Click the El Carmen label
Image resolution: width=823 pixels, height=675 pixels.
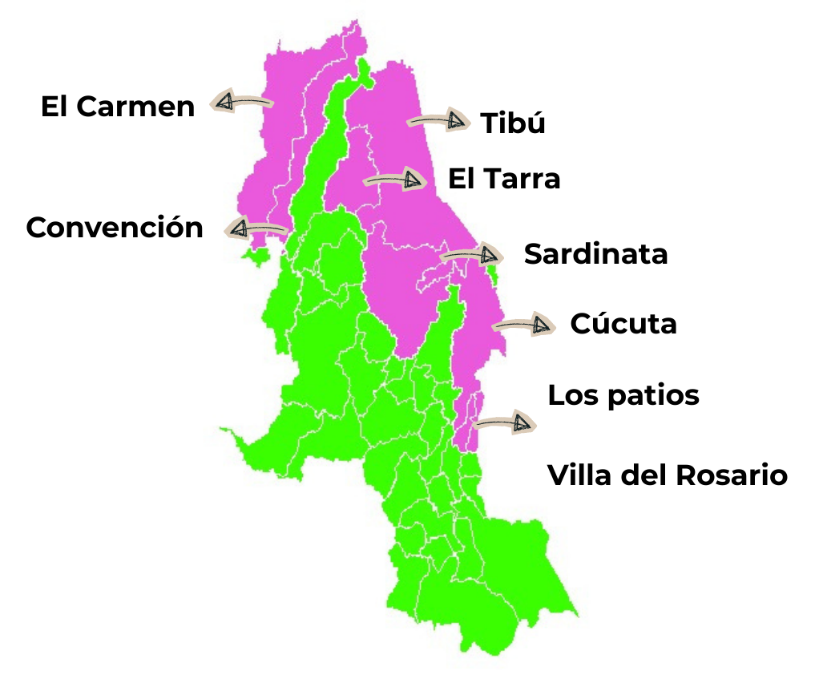point(118,107)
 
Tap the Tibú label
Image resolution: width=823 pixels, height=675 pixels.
point(513,123)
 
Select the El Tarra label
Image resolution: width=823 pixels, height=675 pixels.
point(504,179)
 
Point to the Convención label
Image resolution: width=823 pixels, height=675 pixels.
point(115,228)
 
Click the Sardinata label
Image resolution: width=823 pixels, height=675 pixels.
point(595,254)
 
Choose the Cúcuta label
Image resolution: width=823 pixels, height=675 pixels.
point(623,324)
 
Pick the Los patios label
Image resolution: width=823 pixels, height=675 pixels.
point(623,395)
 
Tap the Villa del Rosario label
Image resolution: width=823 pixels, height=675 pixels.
point(668,475)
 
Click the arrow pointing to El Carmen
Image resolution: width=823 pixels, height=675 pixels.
point(240,102)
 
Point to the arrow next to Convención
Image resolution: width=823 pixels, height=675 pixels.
point(255,228)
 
